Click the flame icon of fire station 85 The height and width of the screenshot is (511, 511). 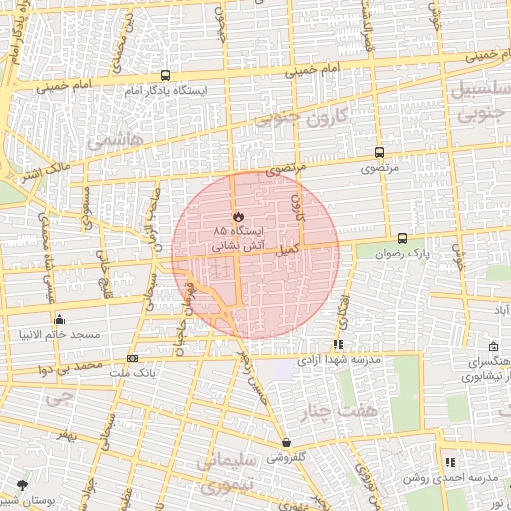click(x=237, y=215)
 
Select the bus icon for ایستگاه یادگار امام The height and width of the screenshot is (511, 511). click(x=165, y=75)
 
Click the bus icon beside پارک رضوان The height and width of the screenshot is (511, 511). click(x=402, y=238)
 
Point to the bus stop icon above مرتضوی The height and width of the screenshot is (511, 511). click(x=379, y=152)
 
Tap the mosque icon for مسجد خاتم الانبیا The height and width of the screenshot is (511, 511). click(x=60, y=320)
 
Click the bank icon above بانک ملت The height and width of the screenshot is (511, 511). click(x=133, y=358)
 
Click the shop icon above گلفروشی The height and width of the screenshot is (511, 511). click(x=287, y=443)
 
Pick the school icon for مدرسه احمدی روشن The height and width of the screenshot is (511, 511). click(x=450, y=462)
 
